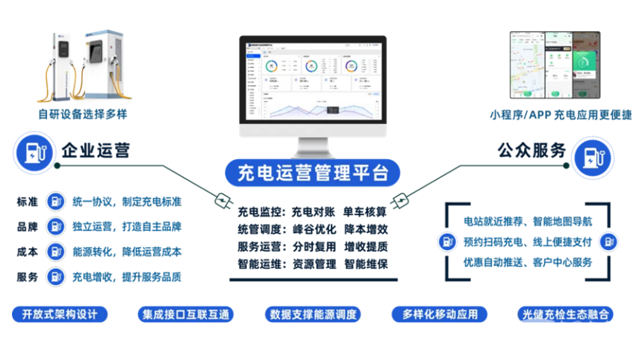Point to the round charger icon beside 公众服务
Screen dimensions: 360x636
(593, 158)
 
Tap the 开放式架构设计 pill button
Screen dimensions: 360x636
(60, 314)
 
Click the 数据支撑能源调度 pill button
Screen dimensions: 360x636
(313, 314)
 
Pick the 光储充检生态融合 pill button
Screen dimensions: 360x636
(566, 314)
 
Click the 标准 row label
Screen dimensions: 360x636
(28, 202)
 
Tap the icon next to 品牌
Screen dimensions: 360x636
(54, 226)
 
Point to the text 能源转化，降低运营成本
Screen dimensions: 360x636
(127, 252)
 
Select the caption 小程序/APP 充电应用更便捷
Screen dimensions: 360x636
(561, 114)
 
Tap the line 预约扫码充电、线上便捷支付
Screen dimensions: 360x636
(528, 241)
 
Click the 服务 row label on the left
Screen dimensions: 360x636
(28, 277)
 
